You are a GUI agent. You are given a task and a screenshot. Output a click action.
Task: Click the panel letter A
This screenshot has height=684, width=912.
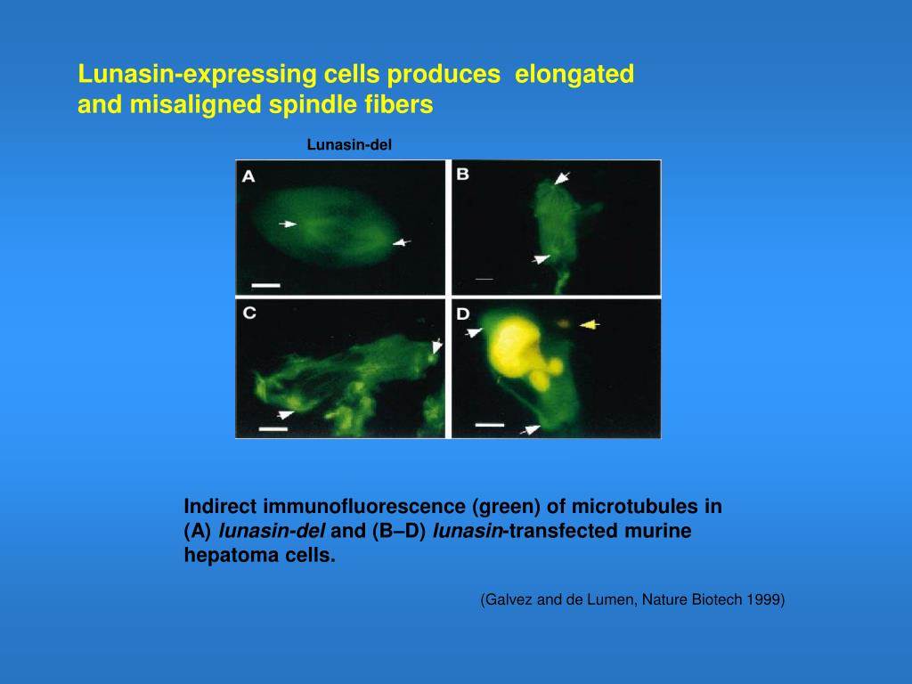[248, 176]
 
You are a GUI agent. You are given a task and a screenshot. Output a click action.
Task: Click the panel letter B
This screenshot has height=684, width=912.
[463, 175]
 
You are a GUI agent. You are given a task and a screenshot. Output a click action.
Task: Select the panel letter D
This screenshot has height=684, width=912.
[463, 313]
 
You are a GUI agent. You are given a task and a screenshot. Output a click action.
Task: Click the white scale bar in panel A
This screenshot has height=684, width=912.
[265, 286]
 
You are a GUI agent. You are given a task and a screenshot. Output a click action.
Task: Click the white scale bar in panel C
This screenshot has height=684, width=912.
[273, 428]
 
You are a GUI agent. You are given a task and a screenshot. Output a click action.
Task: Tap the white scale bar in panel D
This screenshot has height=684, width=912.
[489, 425]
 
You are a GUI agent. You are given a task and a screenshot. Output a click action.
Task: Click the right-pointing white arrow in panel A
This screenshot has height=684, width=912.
[287, 224]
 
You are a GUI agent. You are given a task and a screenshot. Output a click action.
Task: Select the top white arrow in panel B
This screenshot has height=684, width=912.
[561, 178]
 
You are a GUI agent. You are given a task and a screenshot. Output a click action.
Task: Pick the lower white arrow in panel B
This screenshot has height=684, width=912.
[541, 259]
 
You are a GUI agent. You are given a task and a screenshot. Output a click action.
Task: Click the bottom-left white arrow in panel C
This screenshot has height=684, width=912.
[285, 414]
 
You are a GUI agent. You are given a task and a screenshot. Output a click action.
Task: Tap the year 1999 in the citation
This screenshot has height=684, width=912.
[766, 600]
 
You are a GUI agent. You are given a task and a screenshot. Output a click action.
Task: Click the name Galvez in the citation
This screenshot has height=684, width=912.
[507, 600]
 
